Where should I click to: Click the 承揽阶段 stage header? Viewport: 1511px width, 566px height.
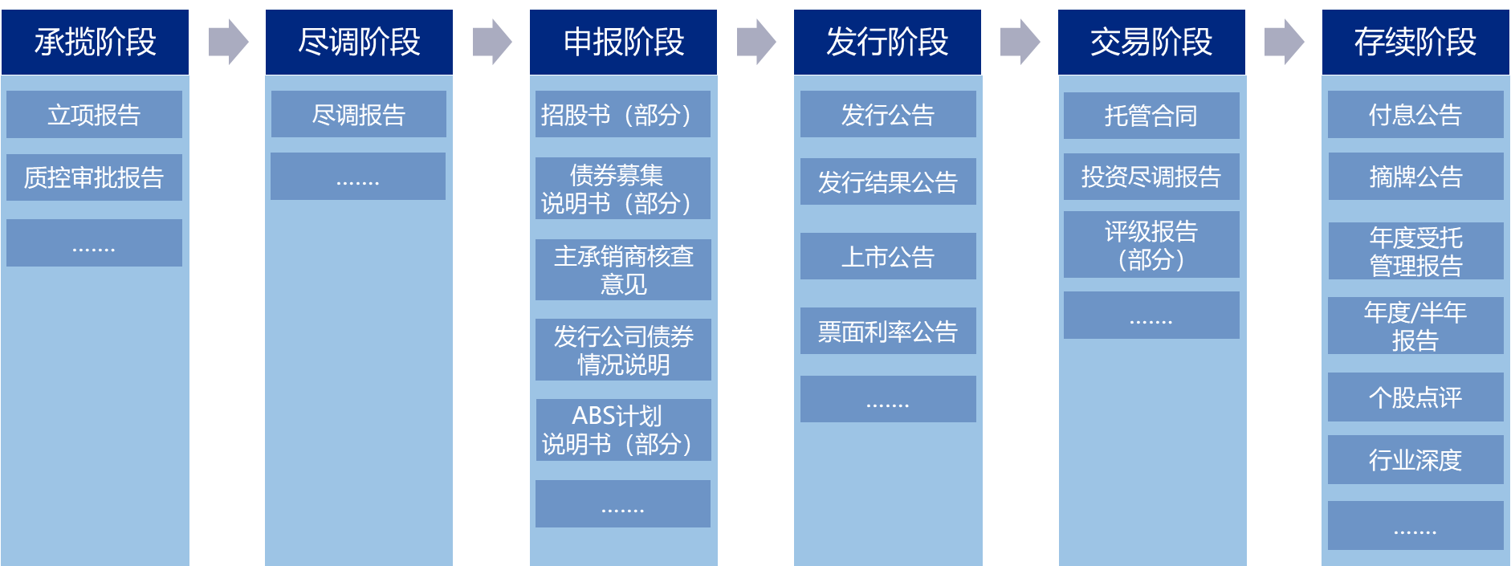click(x=95, y=42)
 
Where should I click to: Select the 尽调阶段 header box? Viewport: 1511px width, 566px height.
click(x=359, y=42)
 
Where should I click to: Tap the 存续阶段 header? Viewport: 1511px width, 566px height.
click(x=1415, y=42)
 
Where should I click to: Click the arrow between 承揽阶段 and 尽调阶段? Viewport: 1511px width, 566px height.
click(x=228, y=42)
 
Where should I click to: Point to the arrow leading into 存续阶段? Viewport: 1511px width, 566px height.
click(x=1284, y=42)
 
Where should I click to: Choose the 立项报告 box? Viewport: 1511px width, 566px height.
click(x=94, y=115)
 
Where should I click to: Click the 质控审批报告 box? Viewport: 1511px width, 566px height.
click(x=94, y=177)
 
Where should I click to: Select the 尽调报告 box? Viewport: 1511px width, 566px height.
click(x=358, y=115)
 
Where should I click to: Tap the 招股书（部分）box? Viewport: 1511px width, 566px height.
click(x=623, y=115)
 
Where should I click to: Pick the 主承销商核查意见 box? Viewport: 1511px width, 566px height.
click(x=623, y=270)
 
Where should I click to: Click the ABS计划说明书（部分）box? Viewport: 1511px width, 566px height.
click(x=623, y=430)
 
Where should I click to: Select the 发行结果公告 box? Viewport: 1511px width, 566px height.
click(x=888, y=182)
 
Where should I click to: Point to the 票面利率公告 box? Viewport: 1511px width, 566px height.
click(x=888, y=331)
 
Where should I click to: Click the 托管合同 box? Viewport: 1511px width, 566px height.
click(x=1151, y=116)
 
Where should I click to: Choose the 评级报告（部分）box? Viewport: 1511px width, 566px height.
click(x=1151, y=245)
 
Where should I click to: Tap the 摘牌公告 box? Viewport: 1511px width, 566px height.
click(x=1415, y=177)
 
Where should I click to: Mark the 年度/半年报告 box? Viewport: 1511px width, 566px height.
click(x=1415, y=326)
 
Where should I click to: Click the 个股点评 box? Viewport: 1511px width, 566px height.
click(x=1415, y=397)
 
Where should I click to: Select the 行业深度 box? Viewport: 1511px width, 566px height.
click(x=1415, y=460)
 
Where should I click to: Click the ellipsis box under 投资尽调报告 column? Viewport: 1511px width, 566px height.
click(x=1151, y=316)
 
